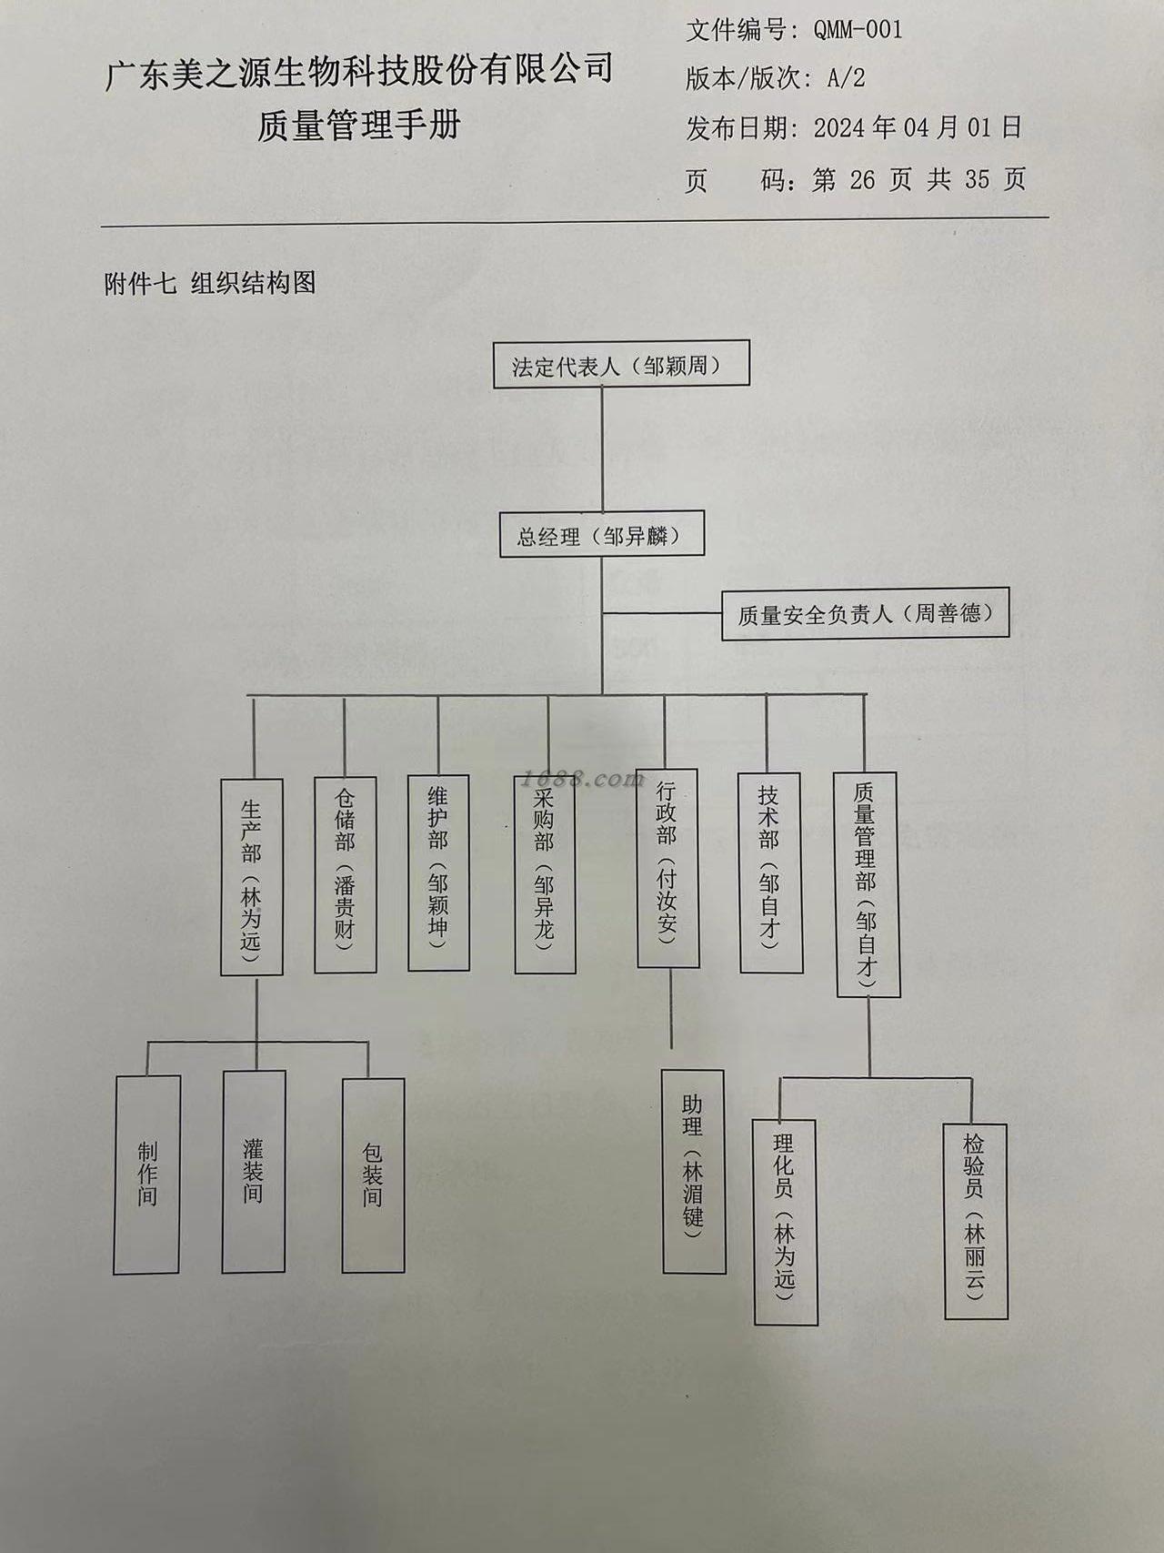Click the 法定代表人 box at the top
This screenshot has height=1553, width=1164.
(x=621, y=365)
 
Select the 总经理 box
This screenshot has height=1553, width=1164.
(x=601, y=535)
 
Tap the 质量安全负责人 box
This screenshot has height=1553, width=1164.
(x=865, y=613)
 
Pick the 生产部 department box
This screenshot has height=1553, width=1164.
(x=252, y=877)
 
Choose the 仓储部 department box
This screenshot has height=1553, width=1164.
(x=346, y=874)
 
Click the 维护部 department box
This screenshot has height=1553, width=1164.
(x=438, y=872)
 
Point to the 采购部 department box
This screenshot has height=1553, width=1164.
(x=545, y=873)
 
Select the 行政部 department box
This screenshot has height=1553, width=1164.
(x=668, y=871)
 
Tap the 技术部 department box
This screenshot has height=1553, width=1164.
(x=770, y=872)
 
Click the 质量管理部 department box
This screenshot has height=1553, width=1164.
(x=868, y=884)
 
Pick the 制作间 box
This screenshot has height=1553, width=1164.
(x=147, y=1174)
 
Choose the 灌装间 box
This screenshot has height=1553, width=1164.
(x=254, y=1171)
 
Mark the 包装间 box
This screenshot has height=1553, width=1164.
(x=373, y=1175)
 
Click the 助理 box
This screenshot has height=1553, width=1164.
(x=694, y=1172)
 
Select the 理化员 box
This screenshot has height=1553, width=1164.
(x=785, y=1221)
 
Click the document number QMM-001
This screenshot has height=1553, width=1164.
(x=858, y=30)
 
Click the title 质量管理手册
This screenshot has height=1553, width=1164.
(x=358, y=125)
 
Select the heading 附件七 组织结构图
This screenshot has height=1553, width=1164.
(x=210, y=284)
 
